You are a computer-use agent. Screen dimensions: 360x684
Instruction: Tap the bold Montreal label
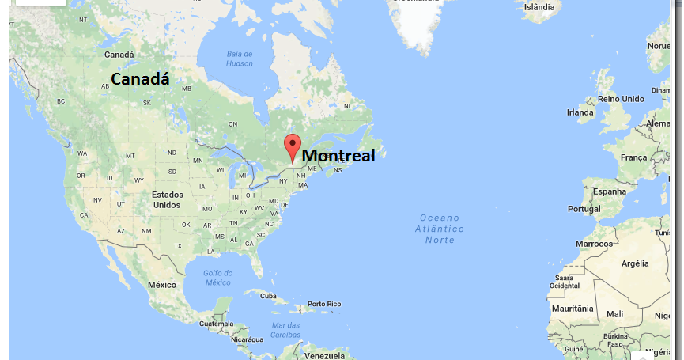(338, 156)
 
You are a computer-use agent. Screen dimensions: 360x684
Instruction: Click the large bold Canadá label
(140, 79)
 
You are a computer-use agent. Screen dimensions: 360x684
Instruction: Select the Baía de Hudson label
(239, 59)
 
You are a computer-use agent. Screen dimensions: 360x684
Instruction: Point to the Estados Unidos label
(167, 199)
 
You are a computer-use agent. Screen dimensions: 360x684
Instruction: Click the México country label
(161, 284)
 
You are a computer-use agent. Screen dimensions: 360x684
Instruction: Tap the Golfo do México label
(218, 278)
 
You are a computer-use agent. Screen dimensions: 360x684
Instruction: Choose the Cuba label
(269, 296)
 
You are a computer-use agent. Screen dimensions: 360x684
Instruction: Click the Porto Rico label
(323, 304)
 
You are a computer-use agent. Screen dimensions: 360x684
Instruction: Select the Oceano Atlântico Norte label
(440, 229)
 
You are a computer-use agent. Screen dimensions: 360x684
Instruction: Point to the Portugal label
(584, 209)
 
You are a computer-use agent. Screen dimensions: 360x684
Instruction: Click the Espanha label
(610, 192)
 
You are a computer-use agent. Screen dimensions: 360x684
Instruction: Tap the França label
(633, 157)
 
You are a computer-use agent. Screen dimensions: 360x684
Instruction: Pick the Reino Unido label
(621, 99)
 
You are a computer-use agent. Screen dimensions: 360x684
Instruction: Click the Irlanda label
(580, 112)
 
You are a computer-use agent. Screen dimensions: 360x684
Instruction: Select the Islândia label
(539, 7)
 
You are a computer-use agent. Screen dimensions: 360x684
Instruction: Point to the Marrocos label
(594, 244)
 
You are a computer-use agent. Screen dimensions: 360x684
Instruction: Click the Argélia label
(635, 263)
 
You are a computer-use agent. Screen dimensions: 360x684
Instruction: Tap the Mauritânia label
(572, 308)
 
